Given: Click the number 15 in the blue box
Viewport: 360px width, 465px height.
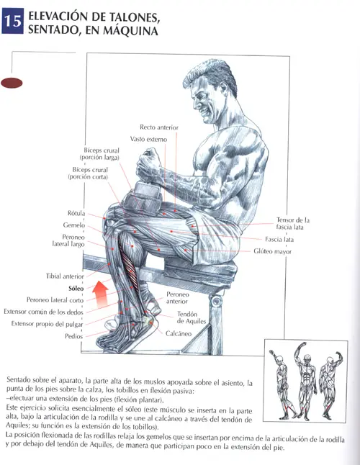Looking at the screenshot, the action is (13, 22).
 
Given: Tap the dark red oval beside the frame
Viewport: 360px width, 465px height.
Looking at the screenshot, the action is (12, 83).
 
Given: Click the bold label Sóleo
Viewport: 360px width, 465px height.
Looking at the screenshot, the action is (76, 288).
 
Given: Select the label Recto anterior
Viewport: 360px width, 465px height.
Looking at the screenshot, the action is (159, 127).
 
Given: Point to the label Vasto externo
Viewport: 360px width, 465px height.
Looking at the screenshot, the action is (148, 139).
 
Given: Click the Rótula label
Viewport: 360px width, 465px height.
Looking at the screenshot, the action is (76, 213).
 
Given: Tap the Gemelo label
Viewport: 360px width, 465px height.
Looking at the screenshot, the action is (74, 225).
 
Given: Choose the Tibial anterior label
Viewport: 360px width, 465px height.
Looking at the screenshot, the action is (65, 276).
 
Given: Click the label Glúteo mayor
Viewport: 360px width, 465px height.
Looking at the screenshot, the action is (273, 251).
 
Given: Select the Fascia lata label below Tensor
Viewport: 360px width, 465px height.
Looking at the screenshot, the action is (279, 239).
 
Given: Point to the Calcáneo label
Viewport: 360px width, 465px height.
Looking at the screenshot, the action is (179, 333).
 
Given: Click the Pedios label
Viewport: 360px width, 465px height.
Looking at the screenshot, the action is (74, 336).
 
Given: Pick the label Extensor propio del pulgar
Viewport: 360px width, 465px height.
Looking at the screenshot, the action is (47, 324).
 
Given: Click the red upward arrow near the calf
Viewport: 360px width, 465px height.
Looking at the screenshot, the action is (100, 294).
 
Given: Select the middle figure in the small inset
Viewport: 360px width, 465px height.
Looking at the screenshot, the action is (305, 382).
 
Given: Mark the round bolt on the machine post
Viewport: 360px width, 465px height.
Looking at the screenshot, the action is (217, 301).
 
